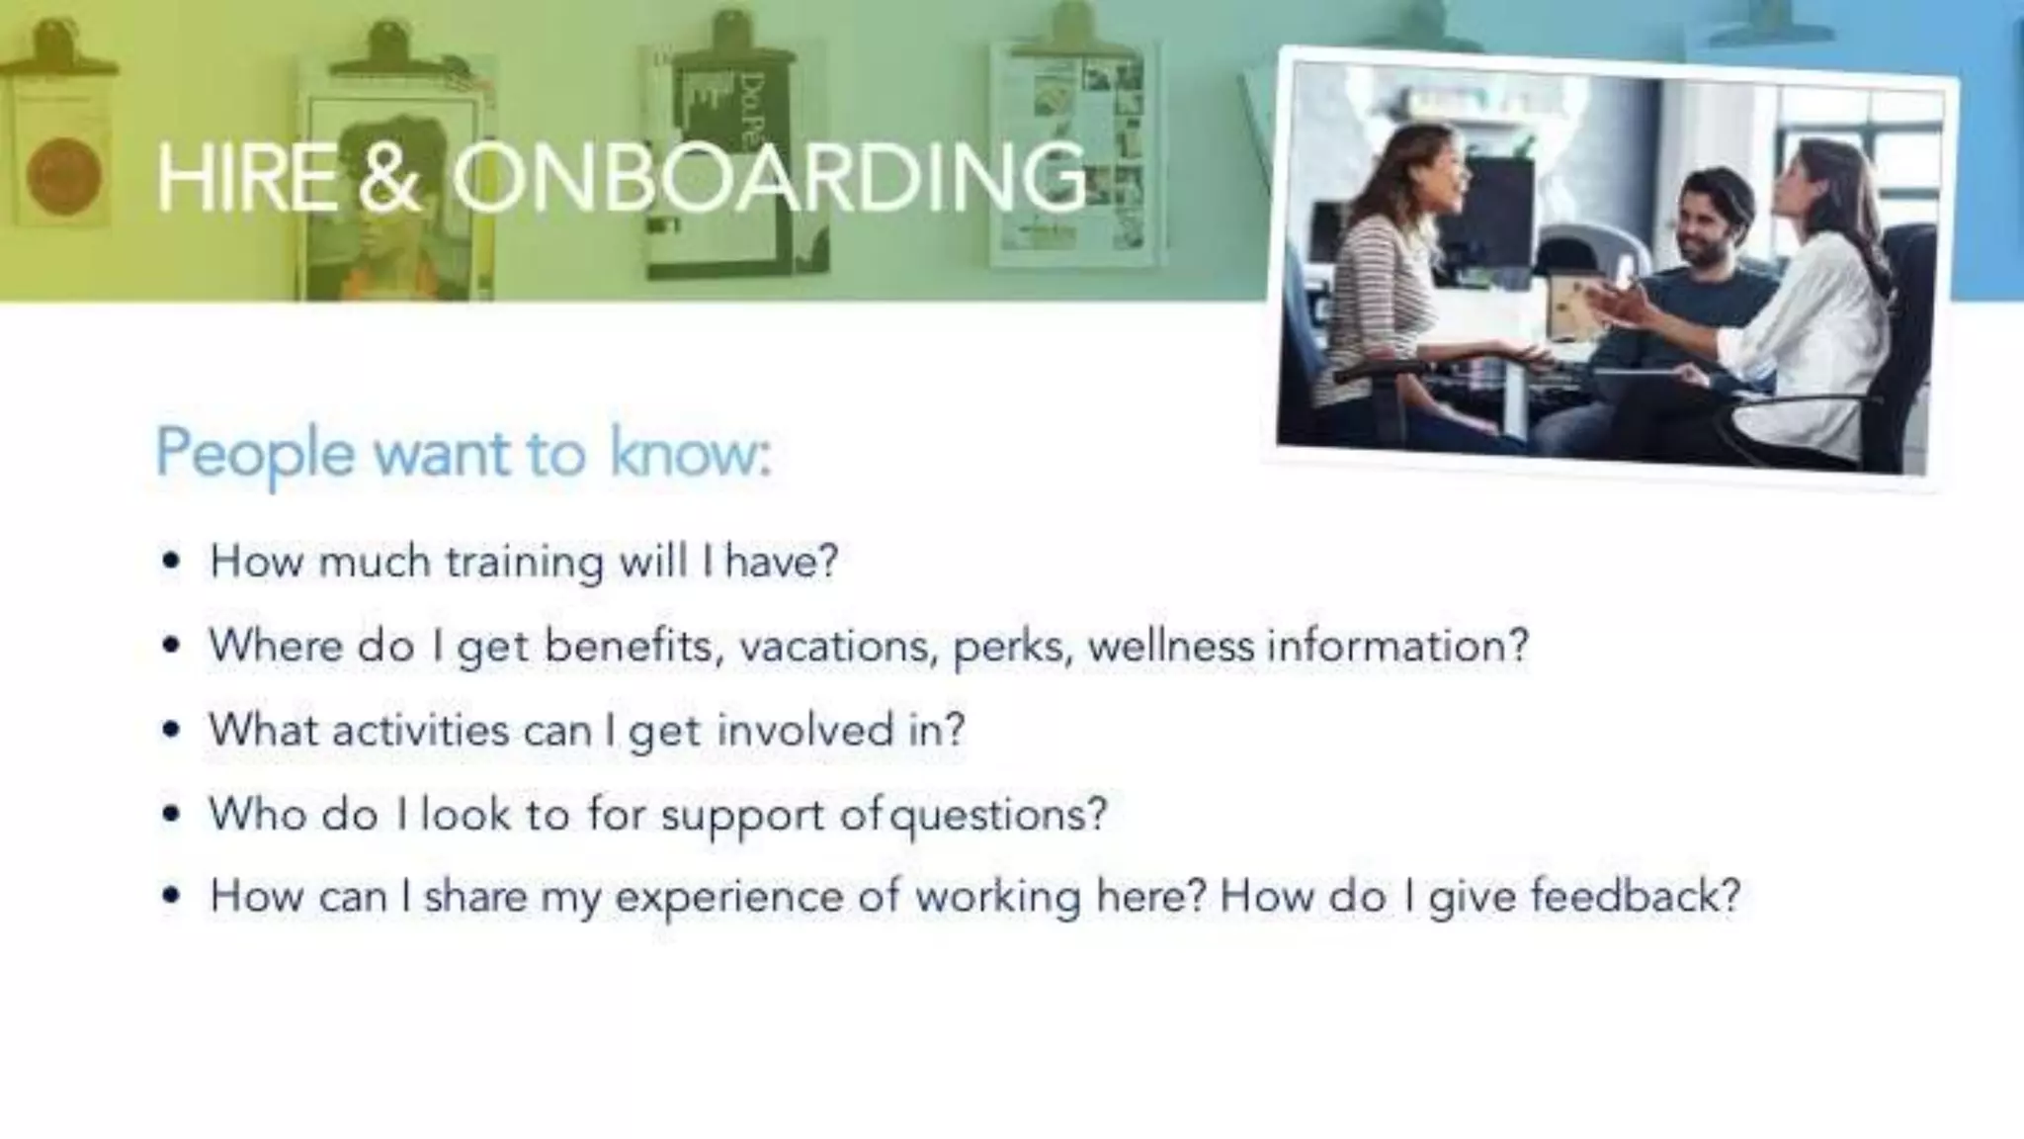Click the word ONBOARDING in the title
click(769, 177)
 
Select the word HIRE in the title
click(246, 177)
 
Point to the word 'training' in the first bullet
click(524, 563)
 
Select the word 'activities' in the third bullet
click(420, 731)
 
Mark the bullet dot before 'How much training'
click(172, 562)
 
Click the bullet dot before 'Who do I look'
click(172, 815)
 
